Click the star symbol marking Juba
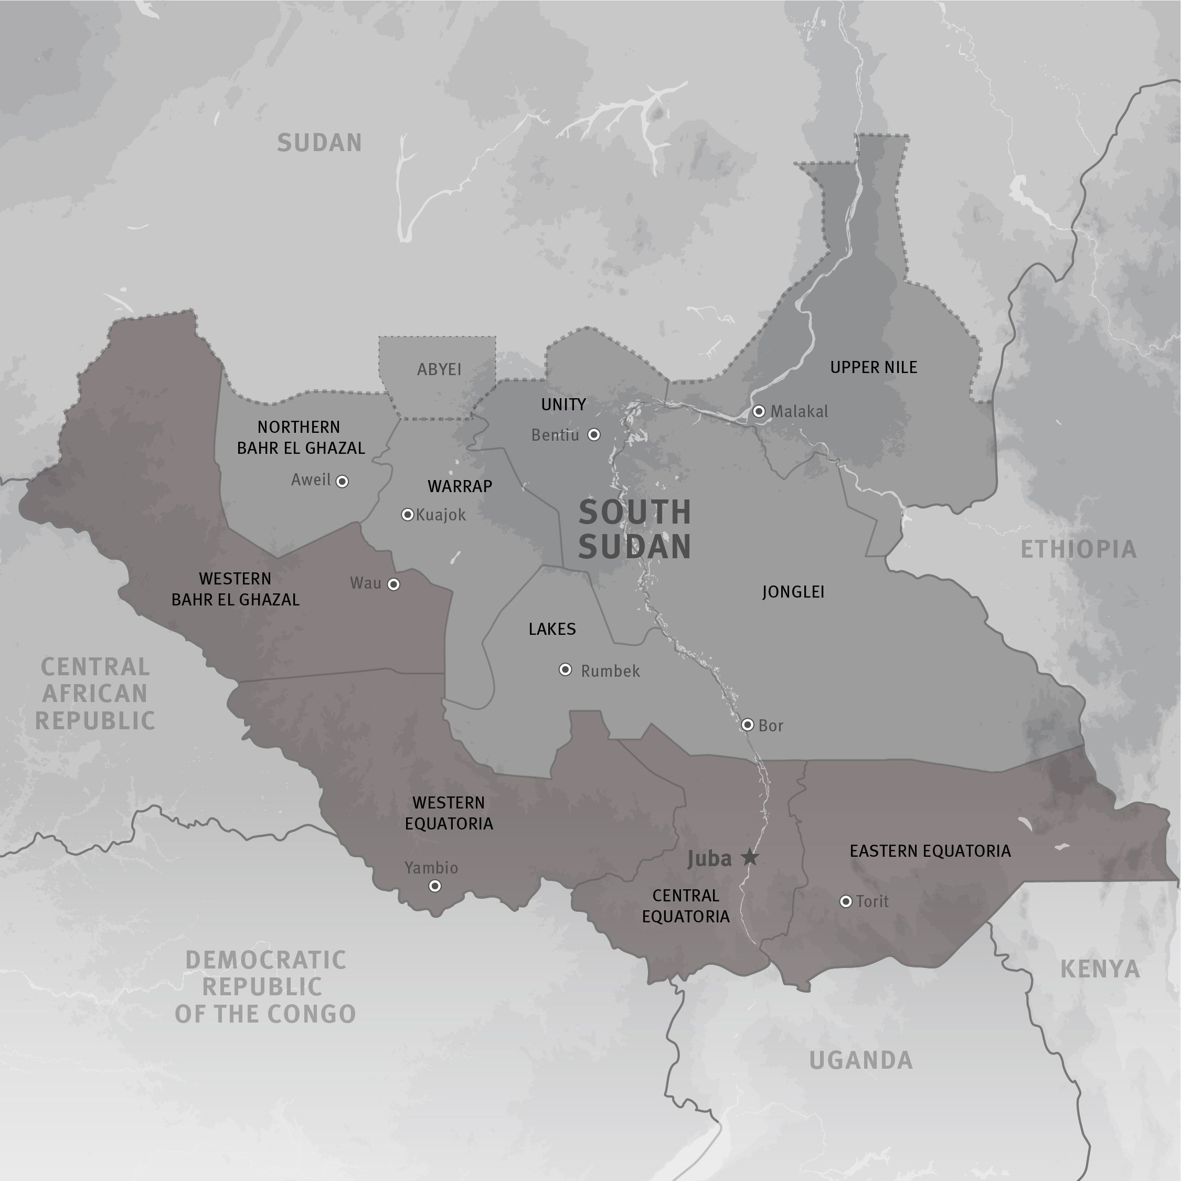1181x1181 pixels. pyautogui.click(x=750, y=858)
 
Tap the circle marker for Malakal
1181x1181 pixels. pyautogui.click(x=759, y=411)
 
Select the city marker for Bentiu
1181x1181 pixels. pyautogui.click(x=593, y=434)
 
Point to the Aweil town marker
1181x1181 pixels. pyautogui.click(x=342, y=482)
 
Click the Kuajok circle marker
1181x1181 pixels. pyautogui.click(x=407, y=515)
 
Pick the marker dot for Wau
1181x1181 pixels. pyautogui.click(x=393, y=584)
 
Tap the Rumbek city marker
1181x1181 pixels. pyautogui.click(x=566, y=670)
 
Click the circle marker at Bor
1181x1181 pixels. pyautogui.click(x=747, y=725)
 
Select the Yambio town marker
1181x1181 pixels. pyautogui.click(x=434, y=886)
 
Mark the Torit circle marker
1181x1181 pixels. pyautogui.click(x=845, y=901)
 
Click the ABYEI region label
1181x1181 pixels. pyautogui.click(x=439, y=369)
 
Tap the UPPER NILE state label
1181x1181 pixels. pyautogui.click(x=873, y=367)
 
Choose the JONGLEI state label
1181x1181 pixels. pyautogui.click(x=793, y=592)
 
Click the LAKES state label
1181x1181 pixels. pyautogui.click(x=552, y=629)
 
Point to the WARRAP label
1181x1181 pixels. pyautogui.click(x=460, y=486)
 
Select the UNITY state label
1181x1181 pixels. pyautogui.click(x=563, y=405)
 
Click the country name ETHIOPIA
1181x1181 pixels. pyautogui.click(x=1078, y=549)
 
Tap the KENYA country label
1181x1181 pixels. pyautogui.click(x=1099, y=970)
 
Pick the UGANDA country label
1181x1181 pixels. pyautogui.click(x=860, y=1060)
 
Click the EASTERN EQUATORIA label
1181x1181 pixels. pyautogui.click(x=930, y=851)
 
